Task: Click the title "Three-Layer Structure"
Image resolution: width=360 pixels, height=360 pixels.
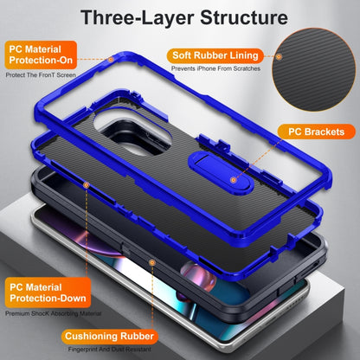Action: (184, 17)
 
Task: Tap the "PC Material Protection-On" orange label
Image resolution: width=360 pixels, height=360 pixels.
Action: (41, 55)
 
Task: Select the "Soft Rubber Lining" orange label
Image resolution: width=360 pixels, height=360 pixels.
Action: (215, 55)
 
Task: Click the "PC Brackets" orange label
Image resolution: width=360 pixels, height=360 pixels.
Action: (316, 132)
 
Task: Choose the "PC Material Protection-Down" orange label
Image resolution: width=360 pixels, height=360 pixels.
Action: (48, 292)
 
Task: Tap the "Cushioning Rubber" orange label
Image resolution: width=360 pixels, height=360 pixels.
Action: (109, 337)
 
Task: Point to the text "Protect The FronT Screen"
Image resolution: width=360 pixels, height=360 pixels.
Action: (41, 75)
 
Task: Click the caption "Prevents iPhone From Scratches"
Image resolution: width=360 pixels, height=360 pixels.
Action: (215, 68)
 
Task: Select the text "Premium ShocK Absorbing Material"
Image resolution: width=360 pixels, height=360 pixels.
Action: (54, 313)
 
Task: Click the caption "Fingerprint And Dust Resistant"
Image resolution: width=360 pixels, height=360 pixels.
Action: (110, 350)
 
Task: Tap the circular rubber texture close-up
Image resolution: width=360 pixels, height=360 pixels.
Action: (314, 69)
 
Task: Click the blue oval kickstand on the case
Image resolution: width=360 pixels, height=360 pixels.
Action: (221, 174)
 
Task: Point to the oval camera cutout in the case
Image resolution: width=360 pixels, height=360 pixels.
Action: (132, 132)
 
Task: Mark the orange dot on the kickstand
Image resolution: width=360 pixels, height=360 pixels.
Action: (234, 180)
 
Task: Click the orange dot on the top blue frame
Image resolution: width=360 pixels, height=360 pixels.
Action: (111, 60)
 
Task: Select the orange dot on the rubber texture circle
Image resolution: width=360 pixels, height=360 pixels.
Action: (279, 56)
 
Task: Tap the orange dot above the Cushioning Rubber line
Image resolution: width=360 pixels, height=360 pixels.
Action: (152, 262)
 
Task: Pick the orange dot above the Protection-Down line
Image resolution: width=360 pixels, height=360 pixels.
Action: (87, 185)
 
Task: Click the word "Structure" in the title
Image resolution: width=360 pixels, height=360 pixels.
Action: (244, 17)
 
